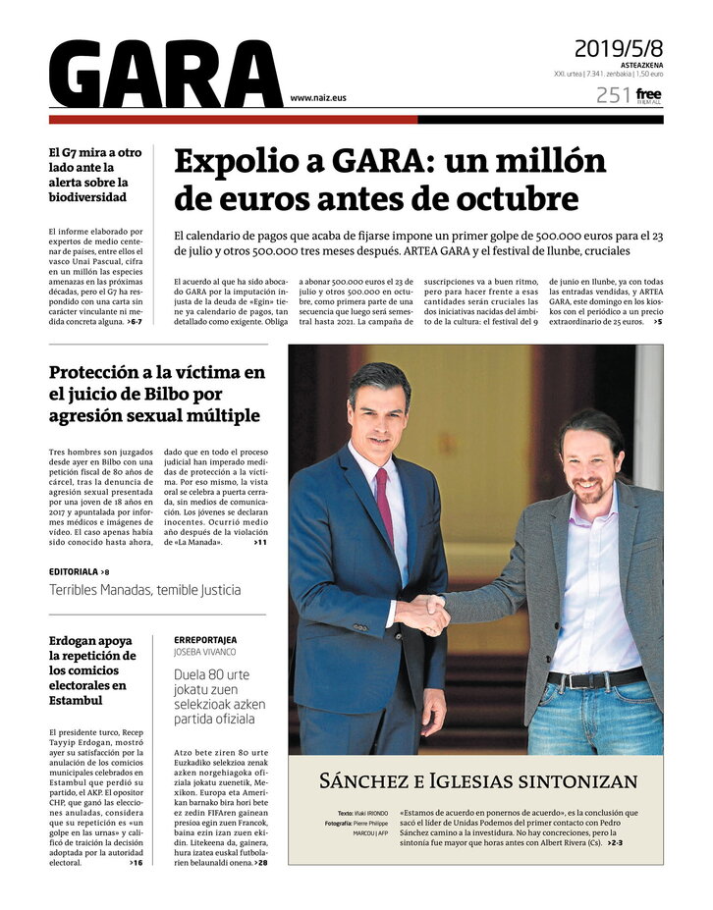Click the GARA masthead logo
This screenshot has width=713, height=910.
(165, 75)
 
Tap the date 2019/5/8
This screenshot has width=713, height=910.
(618, 48)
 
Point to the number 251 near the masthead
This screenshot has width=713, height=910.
(613, 95)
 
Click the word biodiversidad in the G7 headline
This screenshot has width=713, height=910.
(87, 196)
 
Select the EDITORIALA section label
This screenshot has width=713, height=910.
(74, 571)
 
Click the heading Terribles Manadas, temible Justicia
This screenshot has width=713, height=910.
(144, 590)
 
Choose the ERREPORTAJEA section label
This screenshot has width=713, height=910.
(205, 639)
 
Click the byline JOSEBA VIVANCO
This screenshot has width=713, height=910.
(205, 651)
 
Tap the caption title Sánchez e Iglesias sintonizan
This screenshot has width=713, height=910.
(478, 781)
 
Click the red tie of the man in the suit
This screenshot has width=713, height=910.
(385, 505)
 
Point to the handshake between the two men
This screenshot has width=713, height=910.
(425, 615)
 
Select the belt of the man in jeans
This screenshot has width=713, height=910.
(595, 678)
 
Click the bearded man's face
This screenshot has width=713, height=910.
(589, 463)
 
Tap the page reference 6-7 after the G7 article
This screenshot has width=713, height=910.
(135, 321)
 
